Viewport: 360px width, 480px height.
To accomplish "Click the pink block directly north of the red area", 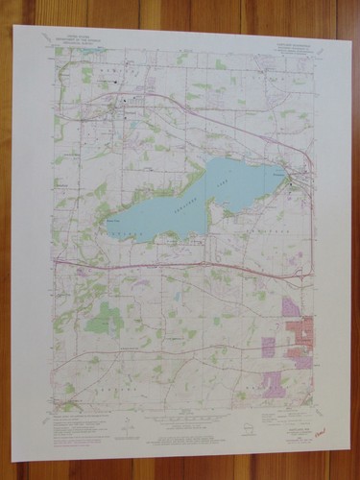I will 291,307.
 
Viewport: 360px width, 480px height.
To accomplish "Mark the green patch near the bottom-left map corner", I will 69,388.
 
